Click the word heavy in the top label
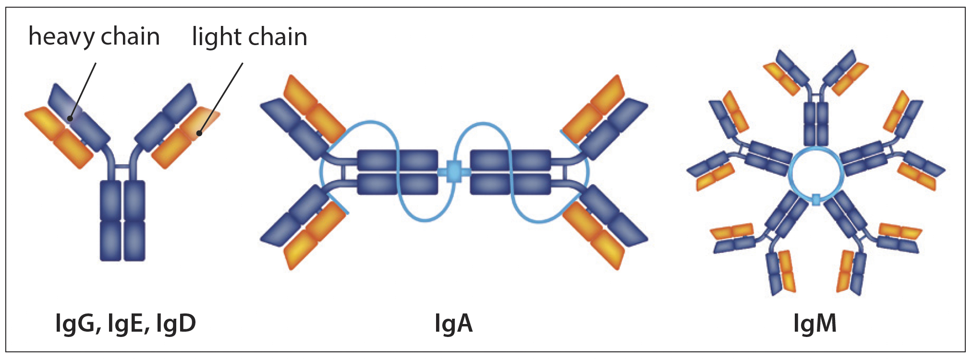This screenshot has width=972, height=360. (x=61, y=37)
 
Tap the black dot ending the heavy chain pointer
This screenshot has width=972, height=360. (x=70, y=119)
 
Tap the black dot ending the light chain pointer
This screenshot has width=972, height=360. (x=199, y=132)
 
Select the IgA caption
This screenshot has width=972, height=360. (x=453, y=324)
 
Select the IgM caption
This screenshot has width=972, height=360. (x=814, y=324)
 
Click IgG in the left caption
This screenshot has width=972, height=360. (x=77, y=324)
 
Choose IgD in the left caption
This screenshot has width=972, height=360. (x=175, y=324)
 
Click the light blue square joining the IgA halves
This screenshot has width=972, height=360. (x=454, y=171)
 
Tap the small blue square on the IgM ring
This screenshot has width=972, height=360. (x=815, y=199)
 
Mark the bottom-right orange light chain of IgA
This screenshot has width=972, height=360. (x=593, y=235)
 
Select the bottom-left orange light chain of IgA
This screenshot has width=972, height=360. (x=315, y=235)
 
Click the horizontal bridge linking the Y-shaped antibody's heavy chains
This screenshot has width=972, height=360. (x=122, y=167)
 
